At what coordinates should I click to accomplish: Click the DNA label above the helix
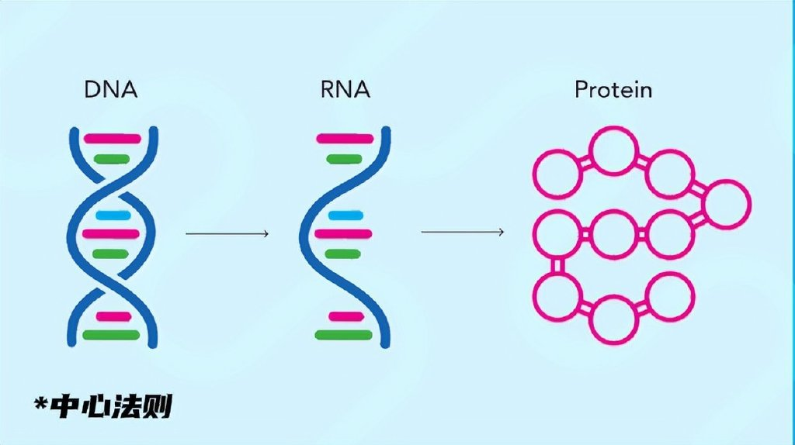[x=111, y=90]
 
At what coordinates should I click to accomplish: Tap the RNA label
[x=344, y=90]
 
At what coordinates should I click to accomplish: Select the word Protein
[x=613, y=90]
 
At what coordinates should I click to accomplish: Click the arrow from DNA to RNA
[x=227, y=233]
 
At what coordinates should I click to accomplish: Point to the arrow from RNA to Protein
[x=463, y=232]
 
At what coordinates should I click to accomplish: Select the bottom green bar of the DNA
[x=111, y=335]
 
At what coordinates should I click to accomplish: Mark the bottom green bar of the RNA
[x=342, y=335]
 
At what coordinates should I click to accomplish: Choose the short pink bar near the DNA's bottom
[x=113, y=316]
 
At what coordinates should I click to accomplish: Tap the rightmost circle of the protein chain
[x=727, y=204]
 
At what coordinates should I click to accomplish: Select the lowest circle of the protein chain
[x=613, y=319]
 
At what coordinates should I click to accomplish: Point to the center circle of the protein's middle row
[x=613, y=233]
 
